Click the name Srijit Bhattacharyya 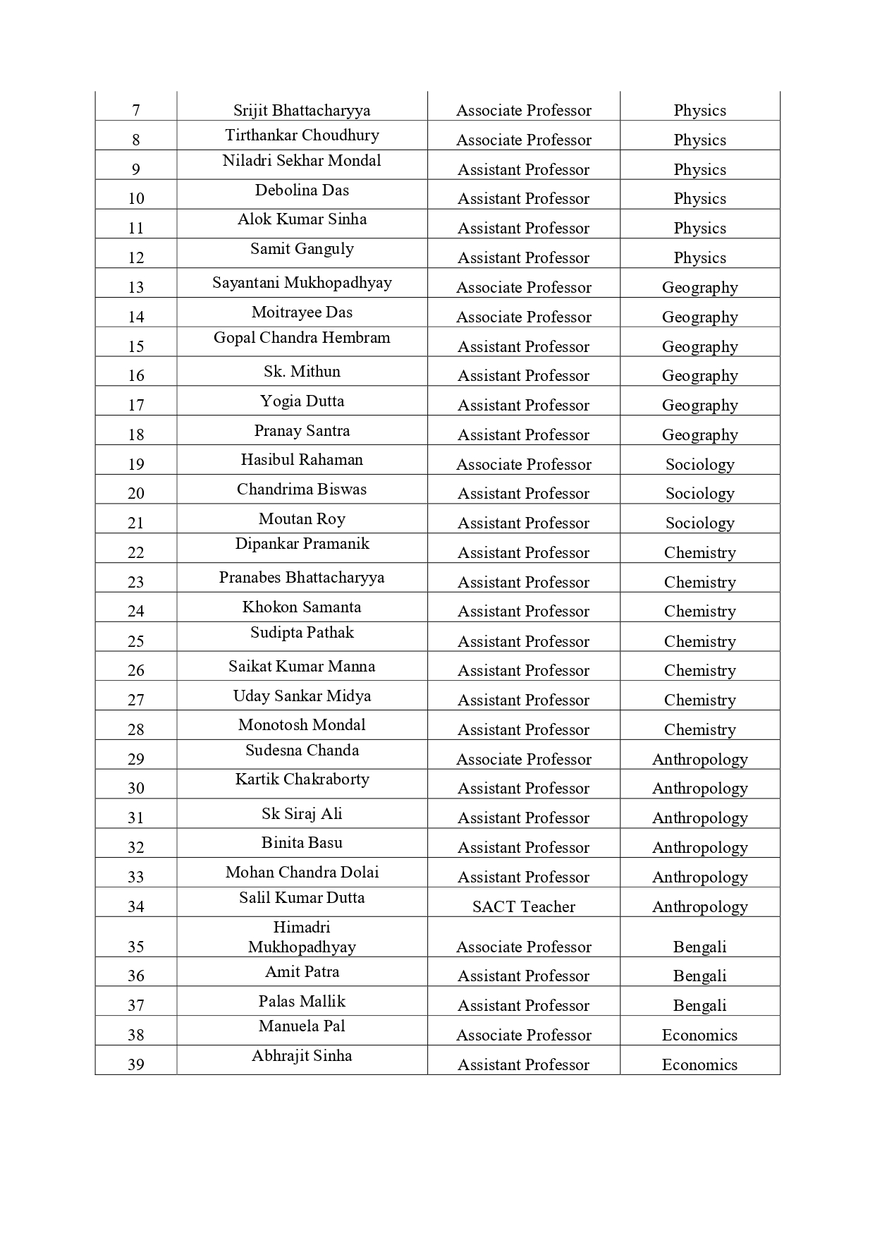click(x=302, y=110)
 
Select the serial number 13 click(x=136, y=287)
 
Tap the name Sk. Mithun click(x=302, y=371)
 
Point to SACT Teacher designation click(x=523, y=906)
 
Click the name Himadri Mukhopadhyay click(x=302, y=937)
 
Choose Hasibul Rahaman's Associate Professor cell click(x=523, y=464)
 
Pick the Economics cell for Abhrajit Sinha click(x=699, y=1064)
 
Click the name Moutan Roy click(x=302, y=518)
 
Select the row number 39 click(x=136, y=1064)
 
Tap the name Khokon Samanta click(x=302, y=607)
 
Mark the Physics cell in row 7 click(x=699, y=110)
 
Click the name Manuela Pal click(x=302, y=1026)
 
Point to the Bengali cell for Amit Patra click(x=699, y=976)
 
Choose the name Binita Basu click(x=302, y=842)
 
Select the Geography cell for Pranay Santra click(x=699, y=435)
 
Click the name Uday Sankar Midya click(x=302, y=696)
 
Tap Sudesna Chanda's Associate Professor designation click(x=523, y=759)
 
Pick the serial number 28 click(x=136, y=729)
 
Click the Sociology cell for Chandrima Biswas click(x=699, y=493)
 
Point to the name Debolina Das click(x=302, y=190)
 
